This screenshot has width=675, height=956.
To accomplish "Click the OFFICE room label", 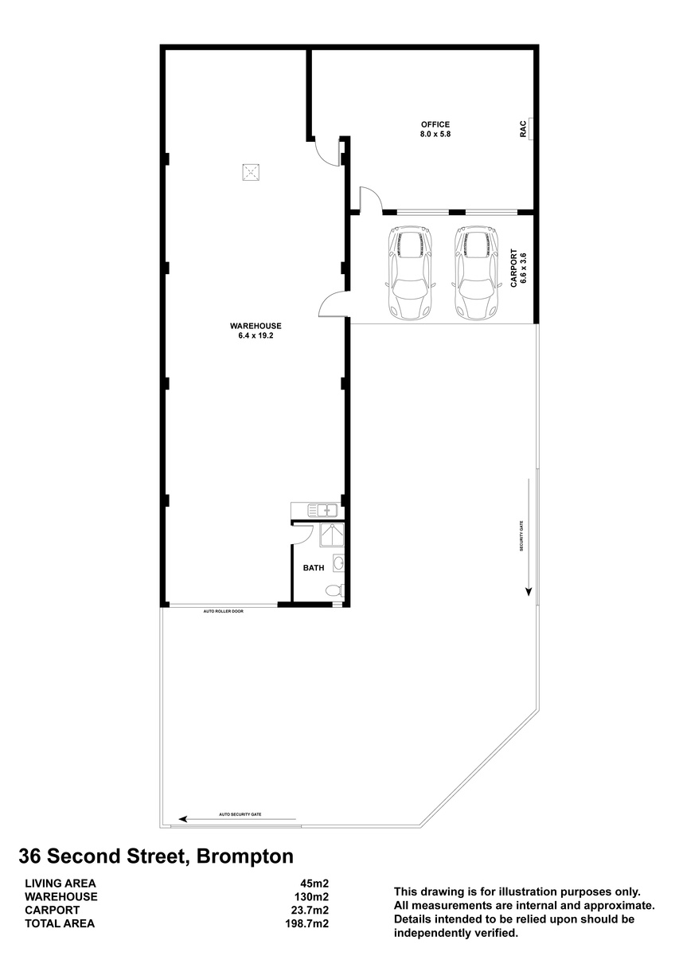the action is pos(435,124).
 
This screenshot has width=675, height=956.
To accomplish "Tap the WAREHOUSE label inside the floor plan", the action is pos(256,326).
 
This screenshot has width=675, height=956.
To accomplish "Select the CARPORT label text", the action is pos(513,268).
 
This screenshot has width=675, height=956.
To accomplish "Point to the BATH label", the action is pos(314,567).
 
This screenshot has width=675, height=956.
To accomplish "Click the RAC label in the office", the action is pos(523,128).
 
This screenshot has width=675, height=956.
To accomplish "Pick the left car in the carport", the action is pos(410,272).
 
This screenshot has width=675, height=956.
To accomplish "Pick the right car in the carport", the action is pos(476,272).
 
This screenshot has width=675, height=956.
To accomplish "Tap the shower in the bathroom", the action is pos(332,535).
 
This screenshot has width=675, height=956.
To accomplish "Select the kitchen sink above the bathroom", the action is pos(322,510).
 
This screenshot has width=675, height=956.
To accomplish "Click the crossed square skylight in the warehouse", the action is pos(252,172).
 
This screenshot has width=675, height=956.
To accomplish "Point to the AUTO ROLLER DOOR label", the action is pos(223,611).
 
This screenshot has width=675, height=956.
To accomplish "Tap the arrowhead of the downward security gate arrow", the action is pos(529,592).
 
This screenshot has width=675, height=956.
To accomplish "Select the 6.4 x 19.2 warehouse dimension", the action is pos(256,335).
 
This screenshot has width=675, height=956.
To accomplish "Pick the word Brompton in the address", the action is pos(244,856).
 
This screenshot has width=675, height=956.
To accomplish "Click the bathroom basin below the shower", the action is pos(339,563).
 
